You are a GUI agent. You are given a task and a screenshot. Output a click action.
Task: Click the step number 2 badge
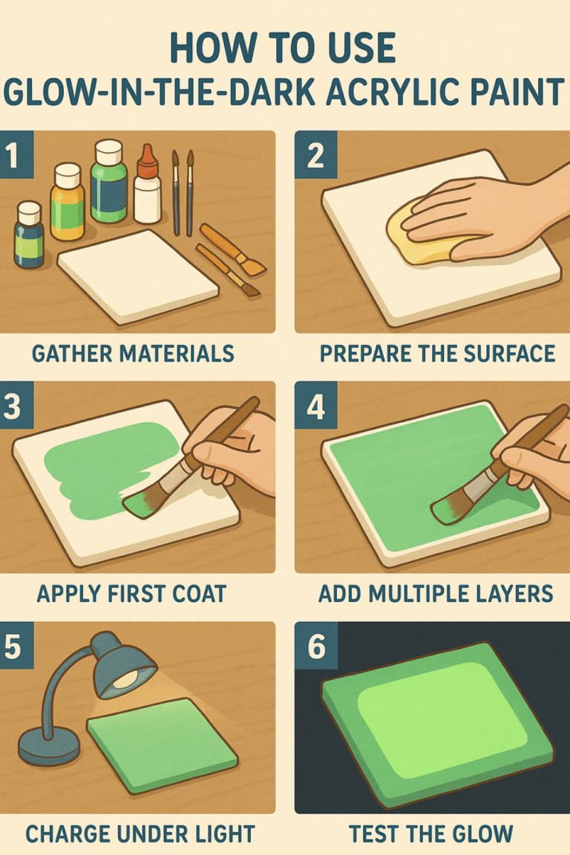(314, 155)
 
